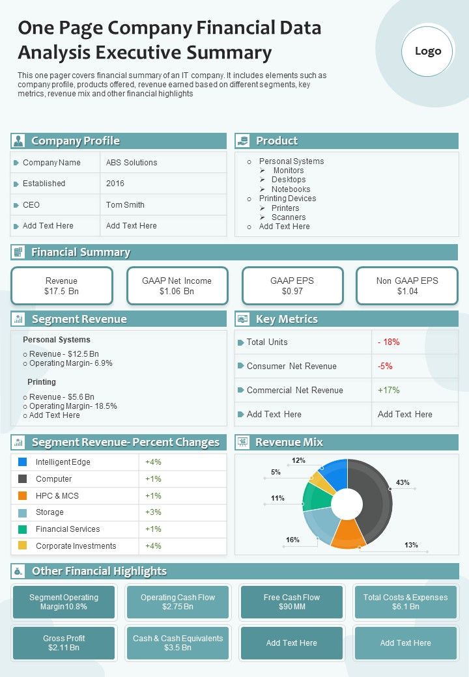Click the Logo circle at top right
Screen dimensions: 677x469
427,51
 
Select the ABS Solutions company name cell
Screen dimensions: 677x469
132,163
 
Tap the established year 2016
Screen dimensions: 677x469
115,184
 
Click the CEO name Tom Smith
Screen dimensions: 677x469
125,205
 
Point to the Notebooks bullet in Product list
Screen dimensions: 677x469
291,189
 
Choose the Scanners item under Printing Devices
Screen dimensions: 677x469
288,217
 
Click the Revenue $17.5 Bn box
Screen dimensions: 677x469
62,286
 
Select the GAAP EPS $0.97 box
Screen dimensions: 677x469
292,286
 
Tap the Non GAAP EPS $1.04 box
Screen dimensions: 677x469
407,286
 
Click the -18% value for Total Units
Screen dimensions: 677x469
389,342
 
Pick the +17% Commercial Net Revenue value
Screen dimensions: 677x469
389,391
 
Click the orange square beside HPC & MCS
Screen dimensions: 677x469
23,495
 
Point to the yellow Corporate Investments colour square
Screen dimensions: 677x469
23,546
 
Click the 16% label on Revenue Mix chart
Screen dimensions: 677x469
292,540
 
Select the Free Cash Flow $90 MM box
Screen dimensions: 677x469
291,602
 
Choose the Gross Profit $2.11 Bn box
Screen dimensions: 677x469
64,643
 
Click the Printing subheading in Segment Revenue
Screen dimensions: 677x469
42,382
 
